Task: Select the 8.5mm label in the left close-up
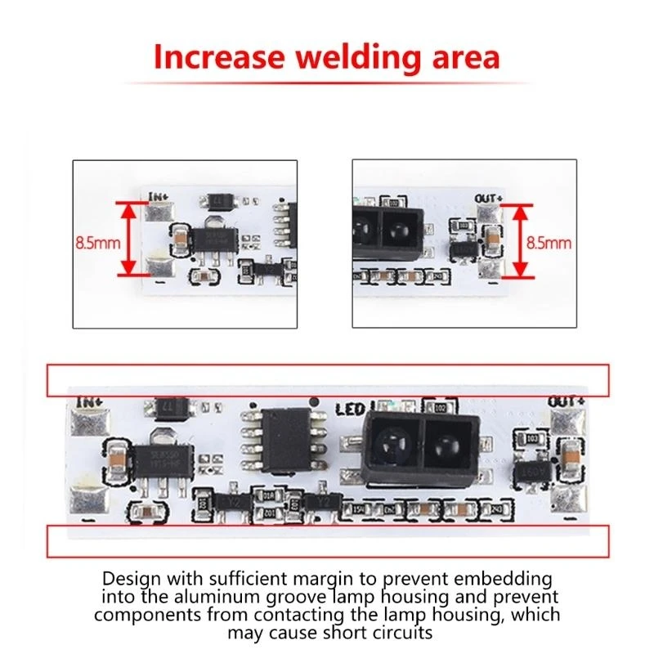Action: [98, 243]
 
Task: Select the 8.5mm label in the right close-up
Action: [549, 243]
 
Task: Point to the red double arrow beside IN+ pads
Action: [129, 240]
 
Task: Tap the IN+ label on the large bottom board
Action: [87, 401]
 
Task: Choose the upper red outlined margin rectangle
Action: [327, 379]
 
